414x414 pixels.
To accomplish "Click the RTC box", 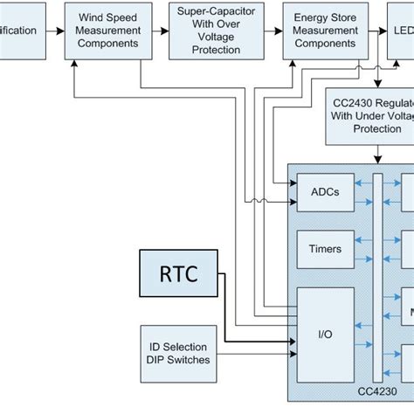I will [x=177, y=274].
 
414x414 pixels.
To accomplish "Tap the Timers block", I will [x=324, y=248].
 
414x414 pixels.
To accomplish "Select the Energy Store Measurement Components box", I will [x=324, y=31].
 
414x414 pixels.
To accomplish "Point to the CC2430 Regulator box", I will [x=370, y=115].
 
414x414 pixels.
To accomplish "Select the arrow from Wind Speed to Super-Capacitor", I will [x=158, y=31].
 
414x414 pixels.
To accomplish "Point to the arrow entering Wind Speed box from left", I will [x=57, y=31].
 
